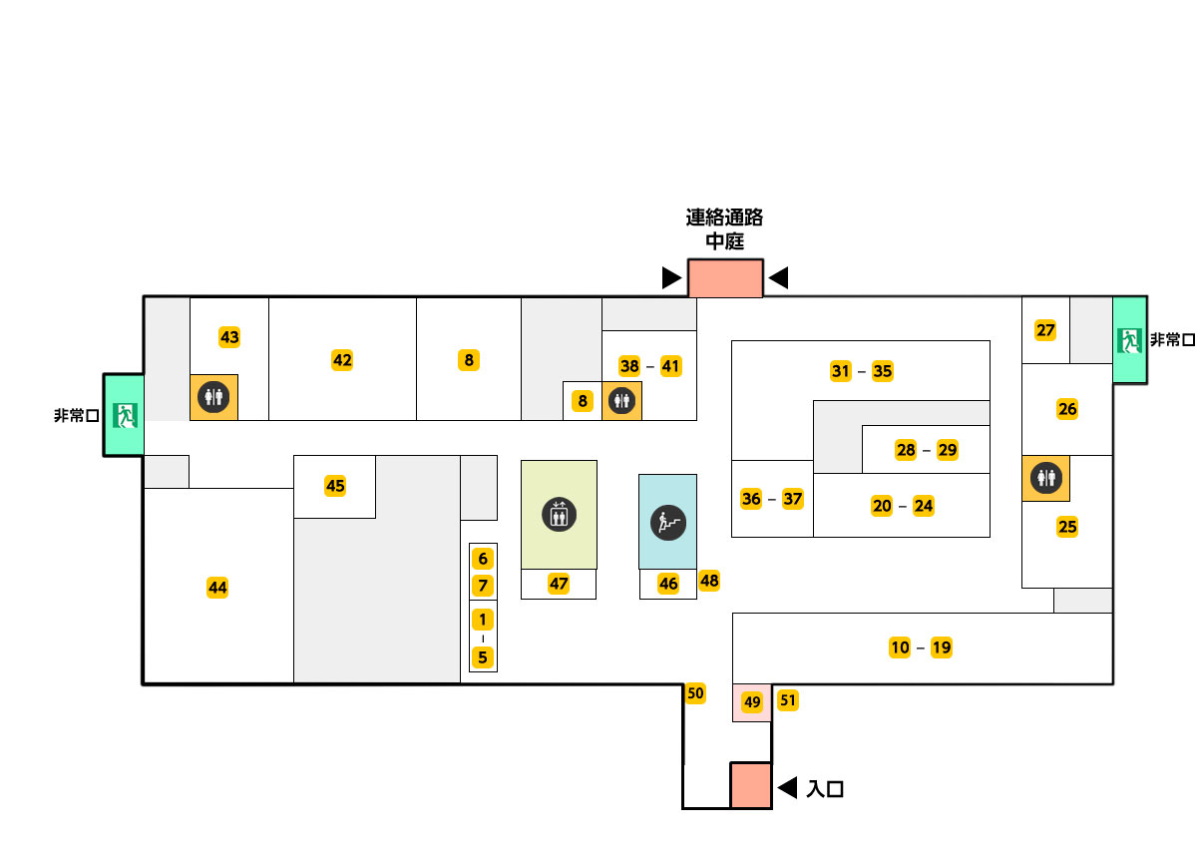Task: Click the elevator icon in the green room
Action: [559, 515]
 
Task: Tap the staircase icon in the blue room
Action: [668, 523]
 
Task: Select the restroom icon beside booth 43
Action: [213, 397]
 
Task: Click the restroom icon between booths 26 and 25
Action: [1046, 477]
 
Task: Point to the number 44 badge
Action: [217, 588]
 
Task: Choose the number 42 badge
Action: [342, 360]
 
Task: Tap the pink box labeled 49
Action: [752, 702]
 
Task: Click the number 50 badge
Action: [695, 693]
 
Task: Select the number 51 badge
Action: [788, 700]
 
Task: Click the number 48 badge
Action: [709, 581]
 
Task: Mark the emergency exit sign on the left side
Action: [125, 415]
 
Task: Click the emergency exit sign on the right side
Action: [1129, 340]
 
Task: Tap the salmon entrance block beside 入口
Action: [751, 785]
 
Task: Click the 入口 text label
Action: [825, 789]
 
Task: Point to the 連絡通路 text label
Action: [724, 217]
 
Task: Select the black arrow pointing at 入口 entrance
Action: [787, 787]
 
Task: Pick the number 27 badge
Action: [1045, 330]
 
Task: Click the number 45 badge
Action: [335, 486]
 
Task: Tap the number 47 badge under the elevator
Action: [559, 584]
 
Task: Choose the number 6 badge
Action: [483, 559]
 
